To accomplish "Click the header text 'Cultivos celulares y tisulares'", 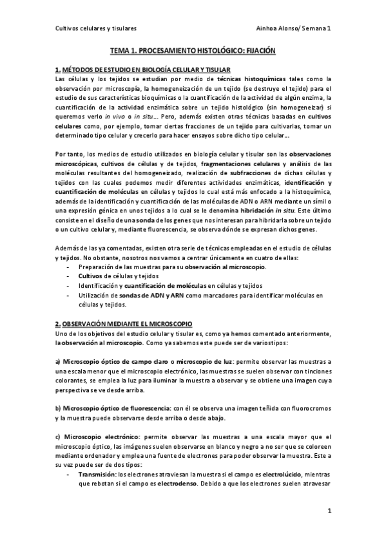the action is [x=95, y=28].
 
